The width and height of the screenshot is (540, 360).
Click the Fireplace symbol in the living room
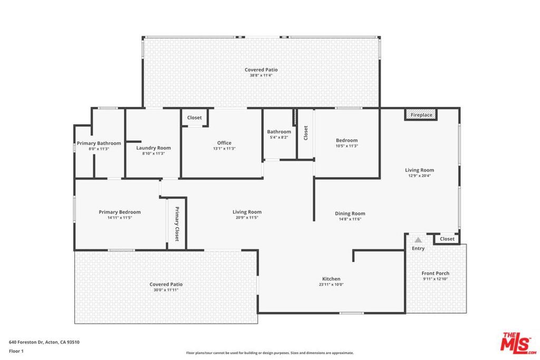click(x=421, y=115)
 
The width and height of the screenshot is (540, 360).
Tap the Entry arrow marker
click(x=418, y=240)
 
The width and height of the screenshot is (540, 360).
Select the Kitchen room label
click(x=331, y=279)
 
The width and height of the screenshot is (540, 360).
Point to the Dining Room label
click(x=350, y=213)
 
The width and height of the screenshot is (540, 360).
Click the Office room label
click(x=224, y=143)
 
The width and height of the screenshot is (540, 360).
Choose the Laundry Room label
click(x=153, y=148)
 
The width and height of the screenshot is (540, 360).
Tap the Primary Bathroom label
click(x=99, y=143)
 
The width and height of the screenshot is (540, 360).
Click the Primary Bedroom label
click(x=120, y=212)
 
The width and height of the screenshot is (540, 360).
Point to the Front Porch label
click(x=436, y=273)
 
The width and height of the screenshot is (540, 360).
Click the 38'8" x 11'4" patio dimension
click(x=261, y=75)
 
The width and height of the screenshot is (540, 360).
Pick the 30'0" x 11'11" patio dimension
click(x=166, y=290)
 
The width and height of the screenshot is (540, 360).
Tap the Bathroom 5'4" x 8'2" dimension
click(x=278, y=138)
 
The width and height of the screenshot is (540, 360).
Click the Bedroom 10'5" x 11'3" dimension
click(x=347, y=146)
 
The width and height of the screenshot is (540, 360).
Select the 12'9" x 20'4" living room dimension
click(x=419, y=176)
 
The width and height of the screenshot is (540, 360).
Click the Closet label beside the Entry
click(x=447, y=239)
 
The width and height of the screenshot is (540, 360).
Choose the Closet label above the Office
click(x=195, y=118)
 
